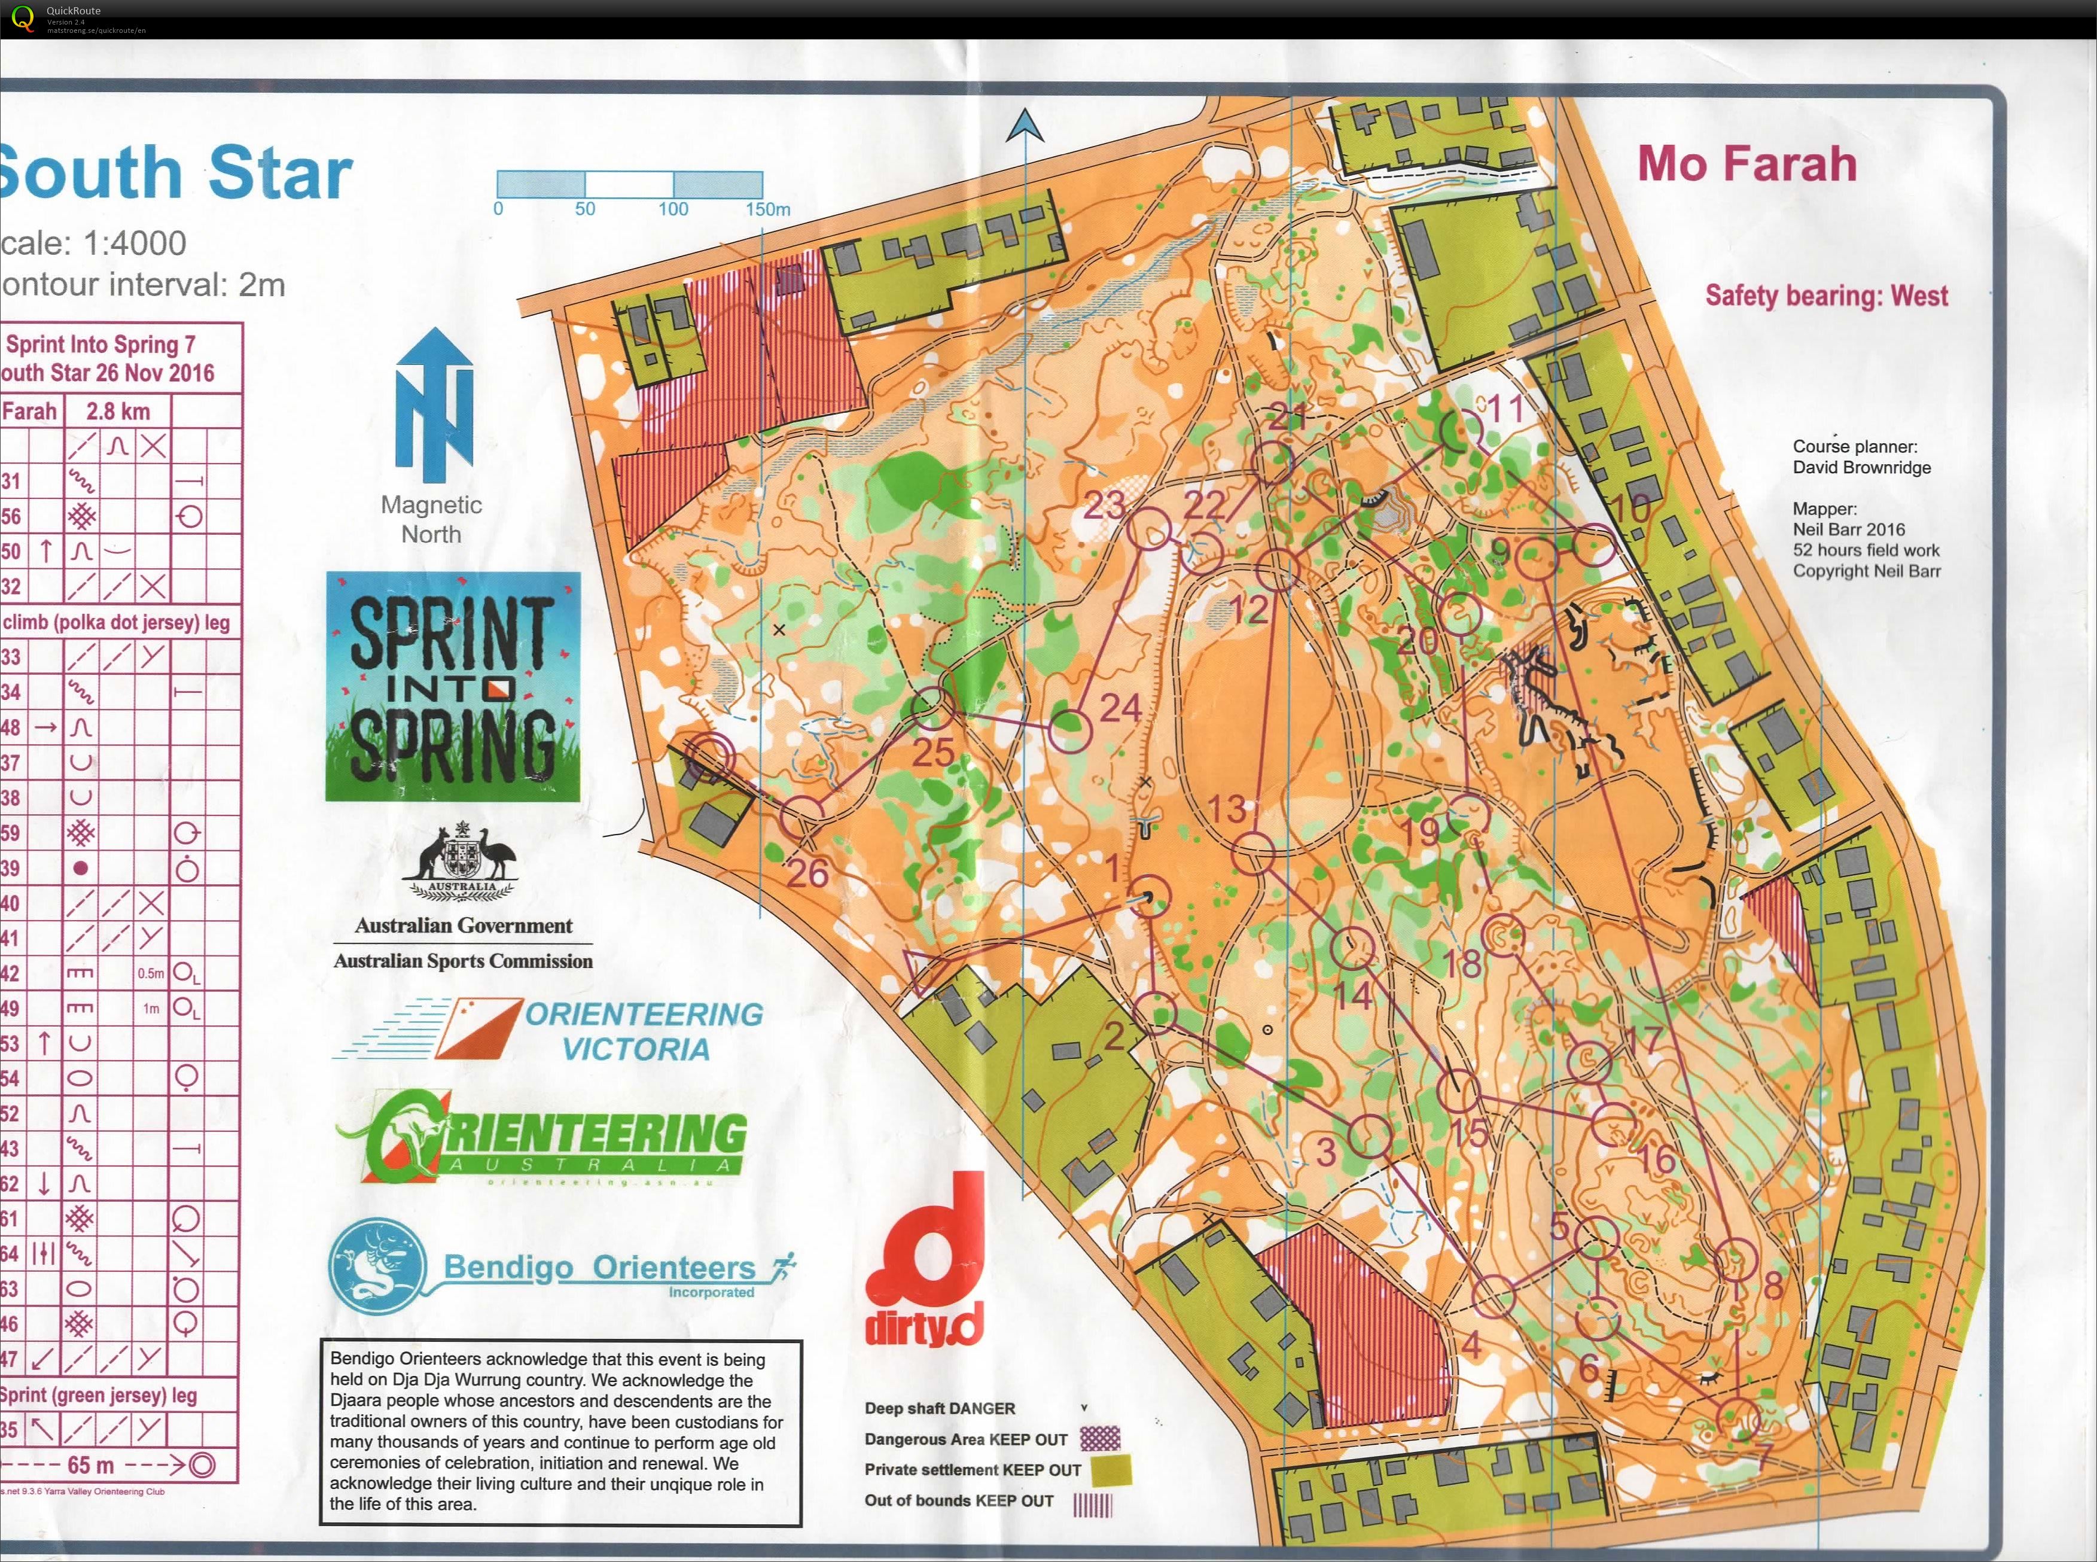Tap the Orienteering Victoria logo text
643,1031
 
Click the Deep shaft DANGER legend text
939,1408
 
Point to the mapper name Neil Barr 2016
1848,529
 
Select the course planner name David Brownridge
1861,468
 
